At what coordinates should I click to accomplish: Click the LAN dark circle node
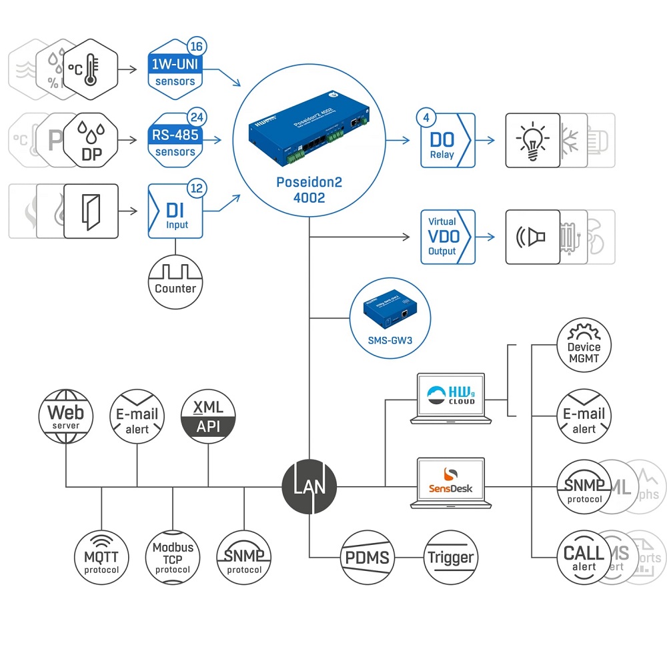tap(309, 486)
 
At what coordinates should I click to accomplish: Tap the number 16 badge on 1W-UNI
tap(197, 47)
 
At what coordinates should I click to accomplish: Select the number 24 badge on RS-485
tap(197, 117)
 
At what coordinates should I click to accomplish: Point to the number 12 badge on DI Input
tap(197, 188)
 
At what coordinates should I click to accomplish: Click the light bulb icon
tap(532, 141)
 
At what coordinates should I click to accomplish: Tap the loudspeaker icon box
tap(532, 237)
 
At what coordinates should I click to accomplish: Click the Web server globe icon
tap(66, 416)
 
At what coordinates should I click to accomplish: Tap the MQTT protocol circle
tap(101, 557)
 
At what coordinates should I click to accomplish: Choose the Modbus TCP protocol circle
tap(173, 557)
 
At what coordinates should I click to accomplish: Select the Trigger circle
tap(451, 557)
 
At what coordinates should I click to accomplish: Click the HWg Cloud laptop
tap(451, 398)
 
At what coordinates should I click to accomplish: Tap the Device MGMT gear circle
tap(584, 346)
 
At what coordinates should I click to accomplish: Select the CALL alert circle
tap(584, 557)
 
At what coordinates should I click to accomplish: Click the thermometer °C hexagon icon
tap(91, 68)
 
